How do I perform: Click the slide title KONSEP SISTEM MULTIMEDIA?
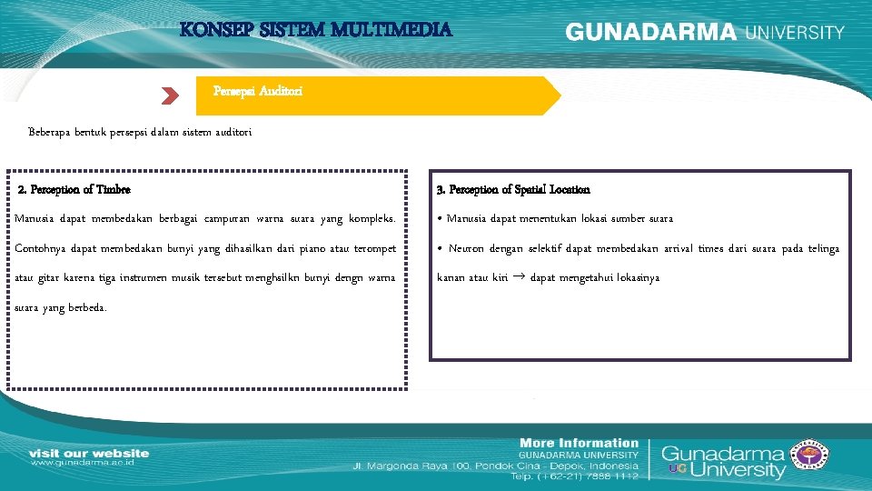click(x=315, y=29)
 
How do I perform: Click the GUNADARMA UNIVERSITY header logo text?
click(x=705, y=32)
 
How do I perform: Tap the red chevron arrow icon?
click(x=169, y=95)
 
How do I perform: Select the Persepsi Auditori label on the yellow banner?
click(x=258, y=91)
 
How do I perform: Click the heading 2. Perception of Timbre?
click(x=74, y=189)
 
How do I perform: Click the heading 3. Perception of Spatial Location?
click(x=513, y=189)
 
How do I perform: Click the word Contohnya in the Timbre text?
click(x=42, y=248)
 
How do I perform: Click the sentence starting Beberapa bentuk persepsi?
click(x=140, y=132)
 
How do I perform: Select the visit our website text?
click(x=89, y=452)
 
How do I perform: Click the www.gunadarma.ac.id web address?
click(x=83, y=463)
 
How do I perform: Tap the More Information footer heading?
click(x=579, y=443)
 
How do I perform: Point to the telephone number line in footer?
click(x=574, y=476)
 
